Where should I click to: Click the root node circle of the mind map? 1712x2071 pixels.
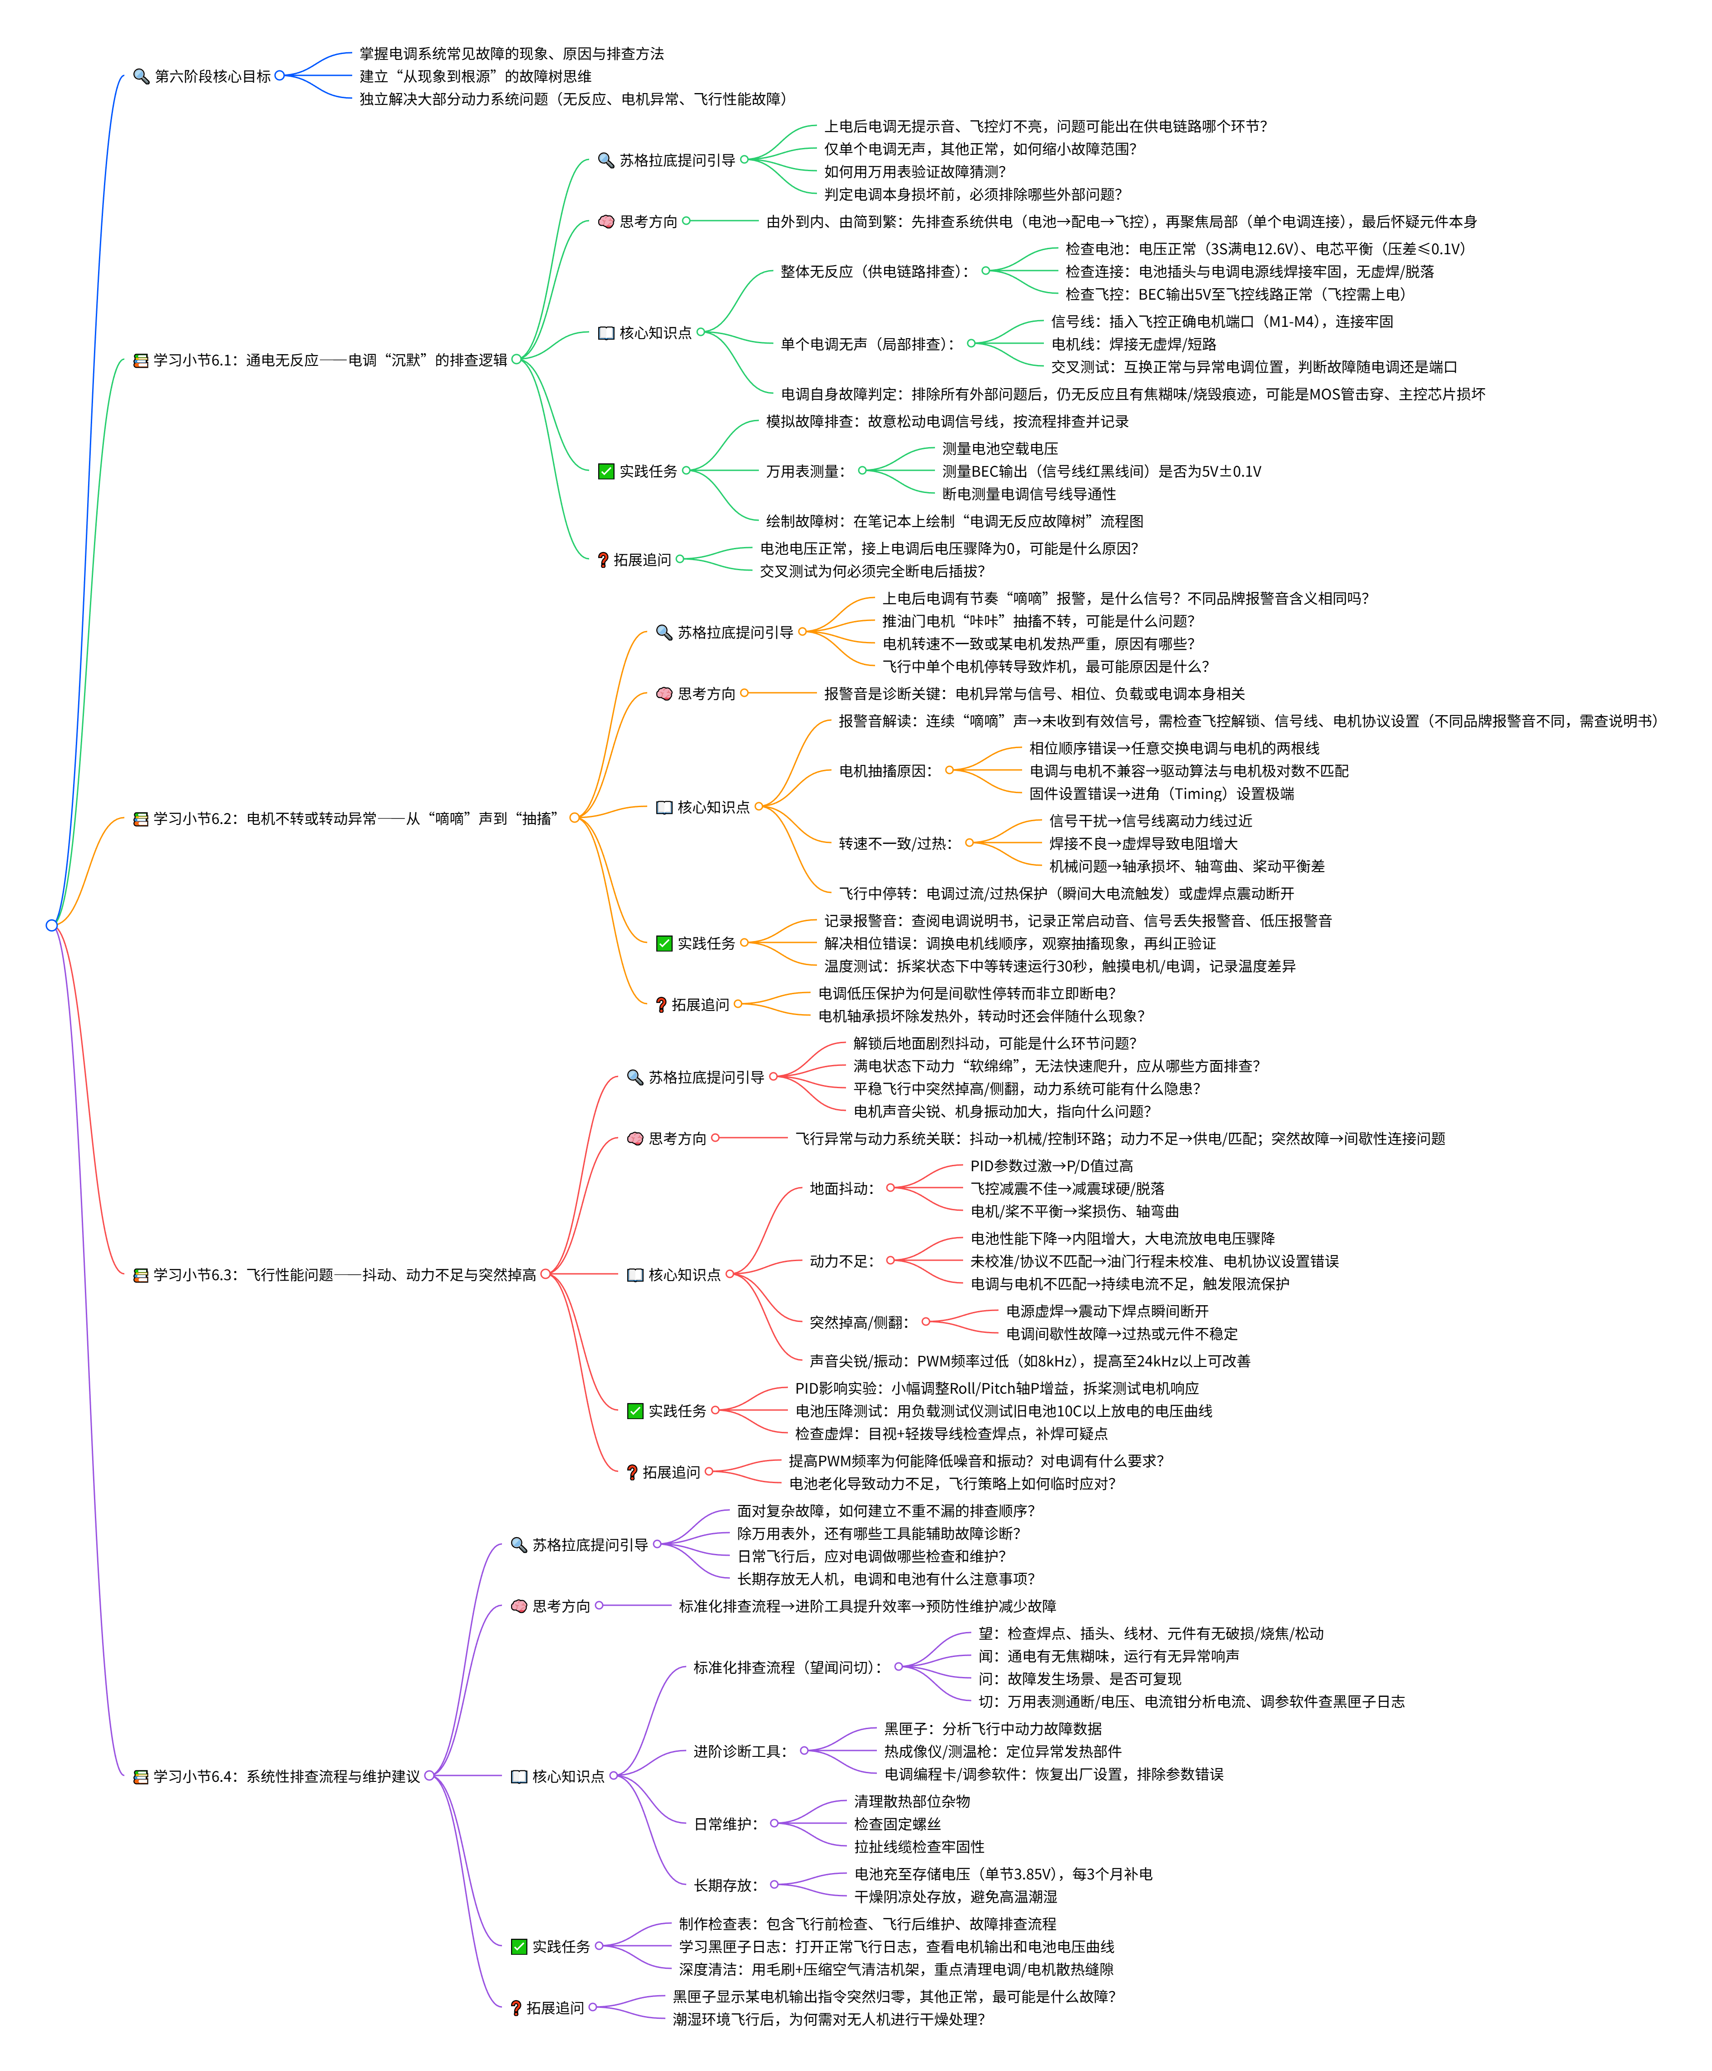(51, 925)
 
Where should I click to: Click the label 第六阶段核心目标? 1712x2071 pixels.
(212, 76)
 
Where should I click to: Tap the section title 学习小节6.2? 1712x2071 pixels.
(355, 819)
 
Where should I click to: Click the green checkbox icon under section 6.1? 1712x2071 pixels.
(606, 471)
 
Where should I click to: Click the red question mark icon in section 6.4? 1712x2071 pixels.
(516, 2008)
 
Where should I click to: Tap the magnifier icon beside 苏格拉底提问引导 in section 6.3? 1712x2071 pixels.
(635, 1077)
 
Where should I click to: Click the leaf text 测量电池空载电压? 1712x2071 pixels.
(1000, 449)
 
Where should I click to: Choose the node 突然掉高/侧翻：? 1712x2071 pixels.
(860, 1322)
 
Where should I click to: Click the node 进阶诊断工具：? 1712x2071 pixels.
(742, 1751)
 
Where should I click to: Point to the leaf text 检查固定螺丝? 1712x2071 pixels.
(897, 1824)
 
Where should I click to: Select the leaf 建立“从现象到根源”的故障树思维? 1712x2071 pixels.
(475, 76)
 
